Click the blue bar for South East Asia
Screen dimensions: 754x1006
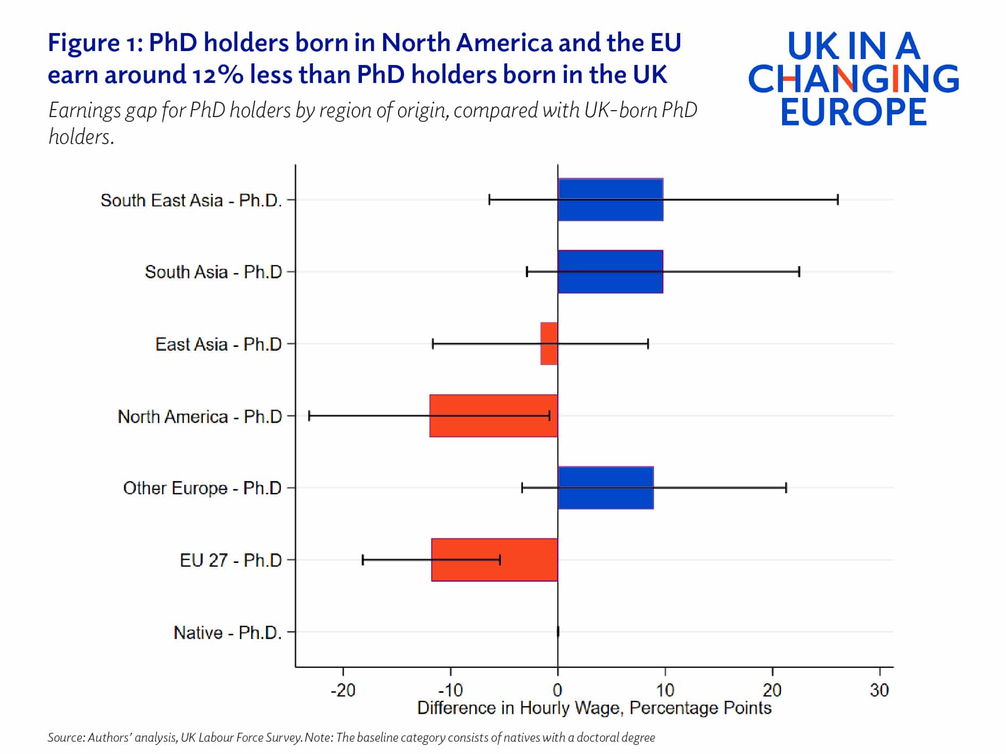tap(610, 200)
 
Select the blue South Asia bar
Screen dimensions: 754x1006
tap(610, 271)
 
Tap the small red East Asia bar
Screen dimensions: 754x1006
tap(549, 344)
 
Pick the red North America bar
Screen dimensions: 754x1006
tap(493, 416)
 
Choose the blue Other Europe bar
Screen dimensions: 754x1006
tap(605, 487)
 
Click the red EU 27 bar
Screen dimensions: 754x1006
tap(494, 560)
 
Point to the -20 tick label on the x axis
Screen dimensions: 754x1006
tap(343, 690)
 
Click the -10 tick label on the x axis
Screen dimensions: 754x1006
tap(450, 690)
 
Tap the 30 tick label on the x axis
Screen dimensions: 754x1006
tap(879, 690)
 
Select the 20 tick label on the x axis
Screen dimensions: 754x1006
tap(772, 690)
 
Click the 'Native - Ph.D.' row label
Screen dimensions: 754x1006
tap(227, 632)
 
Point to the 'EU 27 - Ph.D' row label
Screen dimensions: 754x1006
tap(230, 560)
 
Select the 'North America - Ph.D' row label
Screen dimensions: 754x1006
tap(200, 416)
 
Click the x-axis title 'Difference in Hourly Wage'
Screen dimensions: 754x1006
tap(594, 708)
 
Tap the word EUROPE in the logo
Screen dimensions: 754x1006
tap(854, 112)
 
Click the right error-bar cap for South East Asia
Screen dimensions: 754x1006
tap(838, 200)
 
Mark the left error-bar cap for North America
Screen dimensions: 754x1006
tap(309, 416)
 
